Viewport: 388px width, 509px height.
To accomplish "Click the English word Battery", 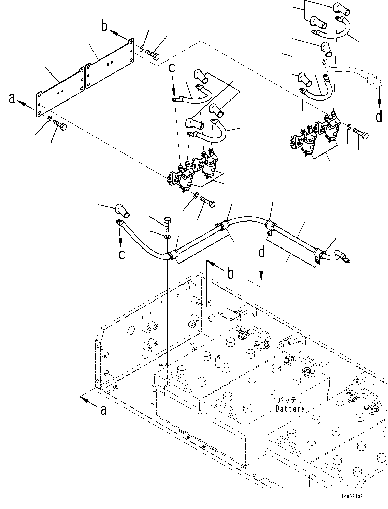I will click(x=290, y=408).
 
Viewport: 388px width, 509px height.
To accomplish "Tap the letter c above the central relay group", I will click(x=172, y=68).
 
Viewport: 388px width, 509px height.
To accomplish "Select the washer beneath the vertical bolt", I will click(x=167, y=237).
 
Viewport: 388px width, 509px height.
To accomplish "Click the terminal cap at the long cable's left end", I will click(x=122, y=211).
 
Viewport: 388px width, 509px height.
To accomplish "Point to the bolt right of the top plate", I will click(x=153, y=53).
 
